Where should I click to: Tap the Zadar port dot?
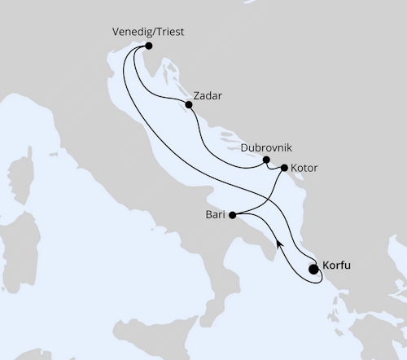(188, 104)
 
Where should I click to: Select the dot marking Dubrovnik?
(266, 160)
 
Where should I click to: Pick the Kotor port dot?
(283, 168)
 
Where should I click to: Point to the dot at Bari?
(232, 215)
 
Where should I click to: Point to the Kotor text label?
(304, 168)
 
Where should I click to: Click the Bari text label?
(215, 215)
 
